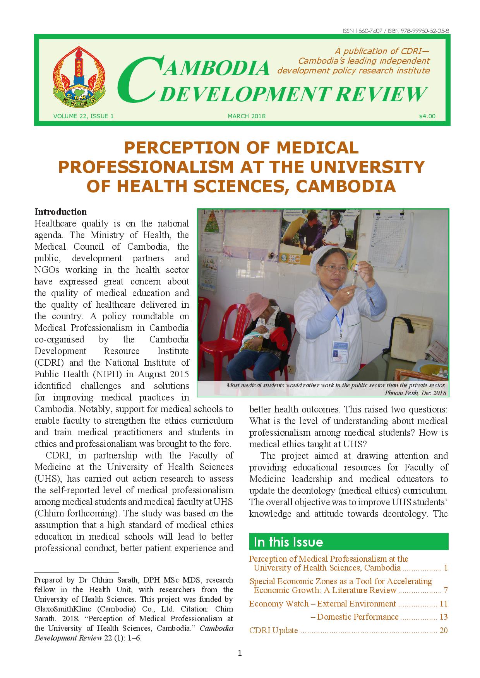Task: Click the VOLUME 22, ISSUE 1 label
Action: click(x=83, y=116)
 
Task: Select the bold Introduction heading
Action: click(x=61, y=212)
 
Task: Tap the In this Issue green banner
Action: click(x=348, y=542)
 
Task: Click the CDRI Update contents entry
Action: click(x=273, y=630)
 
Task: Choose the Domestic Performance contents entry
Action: click(x=358, y=617)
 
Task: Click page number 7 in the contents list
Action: click(x=446, y=590)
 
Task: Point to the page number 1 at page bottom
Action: click(x=240, y=654)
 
